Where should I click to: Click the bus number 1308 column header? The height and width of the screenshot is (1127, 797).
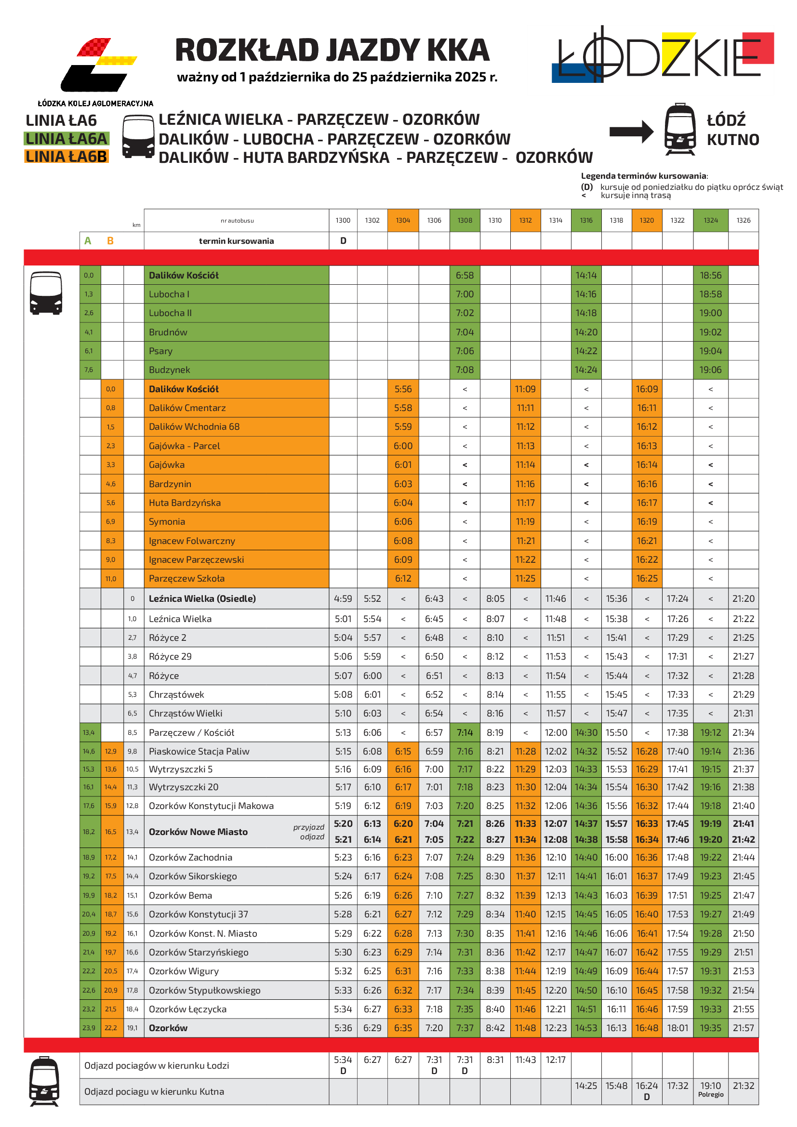click(x=464, y=220)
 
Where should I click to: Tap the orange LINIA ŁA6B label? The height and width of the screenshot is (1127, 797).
click(x=66, y=157)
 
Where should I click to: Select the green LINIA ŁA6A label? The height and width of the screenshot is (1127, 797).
click(x=66, y=139)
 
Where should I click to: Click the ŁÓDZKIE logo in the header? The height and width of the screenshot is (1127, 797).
click(x=663, y=56)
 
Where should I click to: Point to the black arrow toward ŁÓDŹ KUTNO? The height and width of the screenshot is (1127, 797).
click(x=631, y=132)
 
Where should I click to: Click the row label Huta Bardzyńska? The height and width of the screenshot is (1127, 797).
click(x=185, y=503)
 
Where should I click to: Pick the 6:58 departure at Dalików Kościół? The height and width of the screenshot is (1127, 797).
click(x=464, y=276)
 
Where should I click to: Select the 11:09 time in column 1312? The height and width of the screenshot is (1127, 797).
click(x=525, y=389)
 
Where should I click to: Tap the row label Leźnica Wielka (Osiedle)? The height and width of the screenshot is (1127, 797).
click(x=202, y=598)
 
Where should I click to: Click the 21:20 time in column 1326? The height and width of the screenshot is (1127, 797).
click(x=743, y=598)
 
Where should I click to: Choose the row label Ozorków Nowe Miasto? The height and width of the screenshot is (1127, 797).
click(x=198, y=832)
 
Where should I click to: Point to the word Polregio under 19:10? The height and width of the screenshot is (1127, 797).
click(x=710, y=1094)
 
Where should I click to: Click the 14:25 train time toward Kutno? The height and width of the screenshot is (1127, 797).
click(x=586, y=1086)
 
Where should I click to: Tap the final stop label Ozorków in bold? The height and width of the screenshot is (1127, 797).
click(x=168, y=1028)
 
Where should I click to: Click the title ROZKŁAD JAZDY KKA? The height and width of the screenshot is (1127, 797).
click(x=332, y=51)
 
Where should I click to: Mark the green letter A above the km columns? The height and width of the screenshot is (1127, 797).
click(x=88, y=241)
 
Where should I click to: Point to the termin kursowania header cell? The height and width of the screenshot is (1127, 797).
click(x=236, y=241)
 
